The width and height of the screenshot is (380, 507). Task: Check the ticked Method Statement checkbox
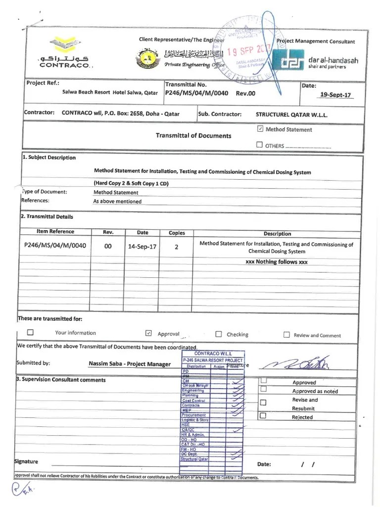coord(260,129)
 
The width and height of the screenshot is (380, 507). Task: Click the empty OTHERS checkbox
coord(260,145)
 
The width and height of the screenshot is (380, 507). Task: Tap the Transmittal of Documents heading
coord(193,135)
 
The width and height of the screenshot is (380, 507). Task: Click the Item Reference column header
coord(55,232)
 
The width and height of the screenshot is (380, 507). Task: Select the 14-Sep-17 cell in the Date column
coord(142,246)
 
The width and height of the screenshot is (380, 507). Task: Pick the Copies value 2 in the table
coord(177,246)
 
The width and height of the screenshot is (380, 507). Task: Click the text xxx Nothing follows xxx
coord(277,262)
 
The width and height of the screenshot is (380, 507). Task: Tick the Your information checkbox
coord(31,333)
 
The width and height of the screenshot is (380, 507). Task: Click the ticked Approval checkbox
coord(148,333)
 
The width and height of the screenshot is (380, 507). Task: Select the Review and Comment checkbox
coord(286,335)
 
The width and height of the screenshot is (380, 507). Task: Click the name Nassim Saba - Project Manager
coord(130,364)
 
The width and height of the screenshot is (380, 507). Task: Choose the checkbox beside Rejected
coord(263,416)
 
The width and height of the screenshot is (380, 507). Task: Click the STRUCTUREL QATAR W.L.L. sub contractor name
coord(291,114)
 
